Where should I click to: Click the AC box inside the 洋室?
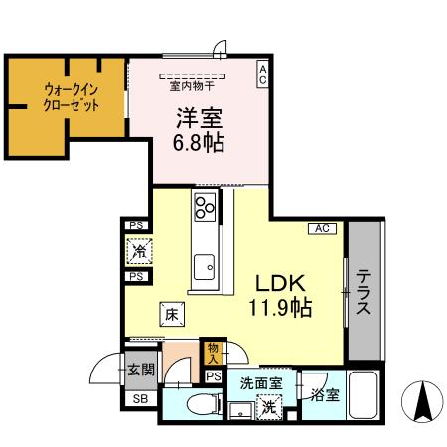tap(262, 75)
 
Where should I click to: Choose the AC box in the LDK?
tap(322, 228)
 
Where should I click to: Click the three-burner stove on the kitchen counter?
tap(206, 208)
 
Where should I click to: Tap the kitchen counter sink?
tap(206, 265)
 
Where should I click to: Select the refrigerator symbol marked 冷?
tap(138, 252)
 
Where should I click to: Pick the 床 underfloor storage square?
tap(170, 315)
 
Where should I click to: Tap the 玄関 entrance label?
tap(139, 371)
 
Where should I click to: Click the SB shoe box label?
tap(139, 400)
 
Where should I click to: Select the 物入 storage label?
tap(213, 351)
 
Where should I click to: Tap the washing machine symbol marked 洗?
tap(267, 405)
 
